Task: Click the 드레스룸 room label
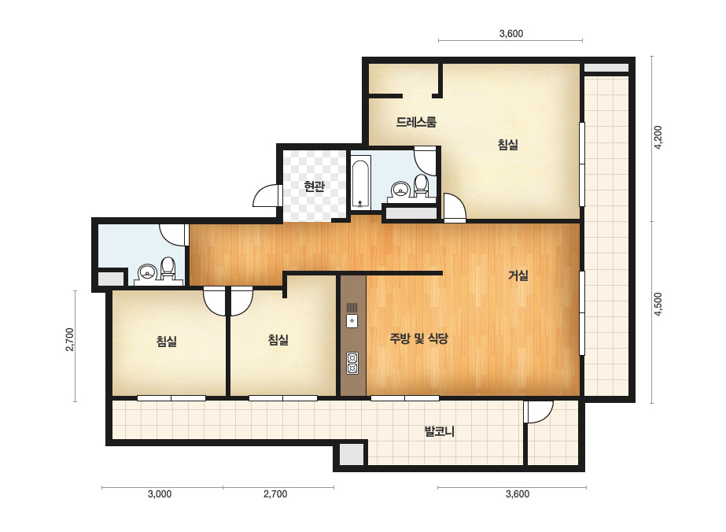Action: (416, 122)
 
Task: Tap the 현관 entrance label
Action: (314, 187)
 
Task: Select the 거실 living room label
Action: (518, 275)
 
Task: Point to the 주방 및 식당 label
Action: (418, 338)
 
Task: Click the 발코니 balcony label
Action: (440, 431)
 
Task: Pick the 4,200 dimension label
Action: (658, 137)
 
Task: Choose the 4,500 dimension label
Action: (658, 304)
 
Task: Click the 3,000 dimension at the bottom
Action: (160, 494)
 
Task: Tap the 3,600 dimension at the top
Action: (511, 33)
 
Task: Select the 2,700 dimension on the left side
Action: (70, 340)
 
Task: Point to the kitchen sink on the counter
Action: (352, 320)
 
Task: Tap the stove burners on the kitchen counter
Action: (352, 364)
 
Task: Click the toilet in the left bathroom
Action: (168, 268)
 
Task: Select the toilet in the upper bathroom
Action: (421, 185)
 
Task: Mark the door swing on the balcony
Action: (539, 412)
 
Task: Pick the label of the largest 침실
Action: (508, 145)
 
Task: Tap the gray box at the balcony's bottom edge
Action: (352, 454)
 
